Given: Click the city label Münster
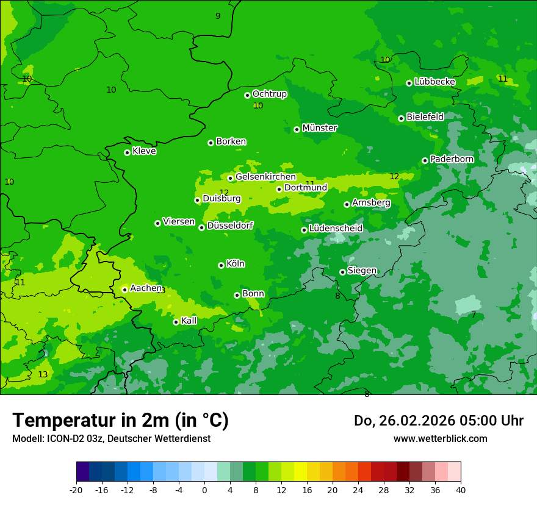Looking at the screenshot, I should [320, 128].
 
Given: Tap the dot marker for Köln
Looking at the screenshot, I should [221, 265].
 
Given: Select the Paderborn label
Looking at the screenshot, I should [452, 159].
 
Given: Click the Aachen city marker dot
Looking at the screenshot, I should [124, 290].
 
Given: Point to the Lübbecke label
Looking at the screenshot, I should [434, 82].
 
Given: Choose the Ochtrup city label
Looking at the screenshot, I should [269, 94].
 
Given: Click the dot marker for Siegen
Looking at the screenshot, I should [342, 272].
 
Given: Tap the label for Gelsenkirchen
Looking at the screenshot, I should [265, 177].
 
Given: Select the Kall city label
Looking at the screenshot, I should [189, 321].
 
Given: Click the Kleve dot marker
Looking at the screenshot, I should [127, 152].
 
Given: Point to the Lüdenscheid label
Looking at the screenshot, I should [336, 229].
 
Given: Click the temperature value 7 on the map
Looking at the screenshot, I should [474, 315].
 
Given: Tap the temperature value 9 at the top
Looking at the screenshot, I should [218, 16].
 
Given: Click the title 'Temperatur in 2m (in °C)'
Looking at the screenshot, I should [120, 421].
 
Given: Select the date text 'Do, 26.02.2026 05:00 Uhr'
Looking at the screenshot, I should [439, 421].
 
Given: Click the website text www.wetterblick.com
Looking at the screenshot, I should [440, 438].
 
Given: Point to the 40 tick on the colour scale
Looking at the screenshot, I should [460, 490].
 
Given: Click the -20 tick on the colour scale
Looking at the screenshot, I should [76, 490].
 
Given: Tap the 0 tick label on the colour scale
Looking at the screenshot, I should [204, 490].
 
